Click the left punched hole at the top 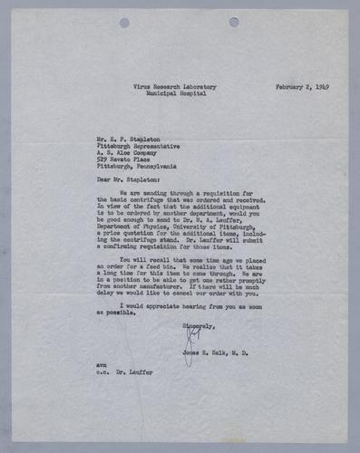pyautogui.click(x=124, y=23)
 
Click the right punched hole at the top pyautogui.click(x=234, y=22)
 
